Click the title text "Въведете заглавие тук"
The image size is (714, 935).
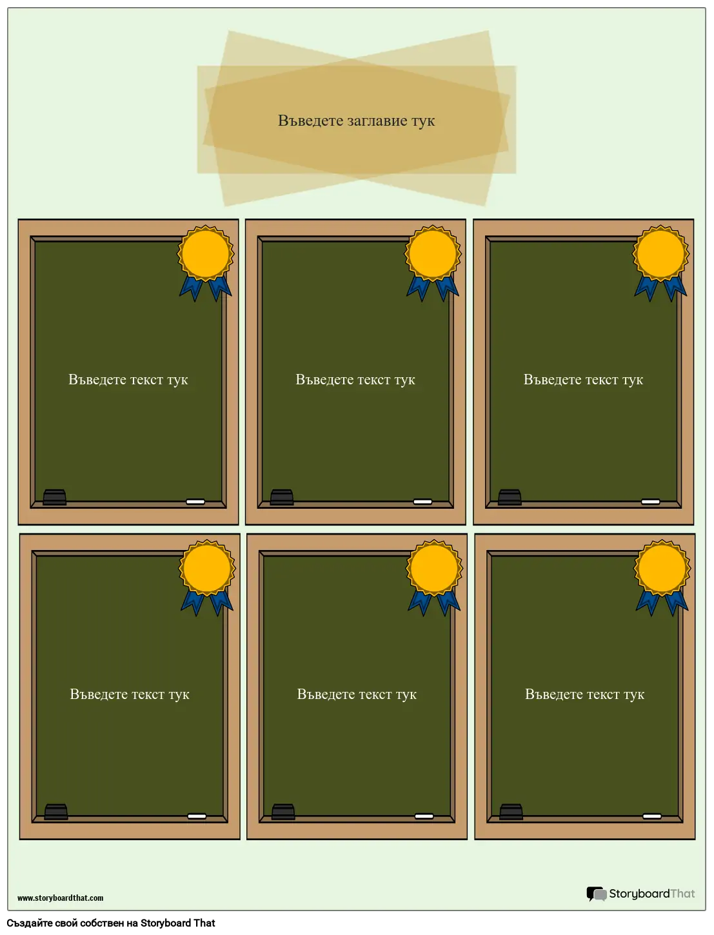(x=356, y=121)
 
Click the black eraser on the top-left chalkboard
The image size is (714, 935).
(x=55, y=497)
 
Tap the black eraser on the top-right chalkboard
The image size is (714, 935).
(x=510, y=497)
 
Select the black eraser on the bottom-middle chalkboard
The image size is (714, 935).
(x=283, y=811)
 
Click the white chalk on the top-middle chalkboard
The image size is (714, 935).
(x=422, y=502)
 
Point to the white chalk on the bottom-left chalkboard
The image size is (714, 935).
(x=197, y=816)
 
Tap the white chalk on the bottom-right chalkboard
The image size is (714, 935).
(x=652, y=816)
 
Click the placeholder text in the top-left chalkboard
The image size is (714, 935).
(x=128, y=380)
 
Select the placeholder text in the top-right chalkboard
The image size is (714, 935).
(x=583, y=380)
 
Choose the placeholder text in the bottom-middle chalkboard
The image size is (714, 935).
(x=357, y=694)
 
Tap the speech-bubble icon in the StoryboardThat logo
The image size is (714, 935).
(x=596, y=894)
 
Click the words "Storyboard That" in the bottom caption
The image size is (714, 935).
(x=177, y=923)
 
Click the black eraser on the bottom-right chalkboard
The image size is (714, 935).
(x=511, y=811)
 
